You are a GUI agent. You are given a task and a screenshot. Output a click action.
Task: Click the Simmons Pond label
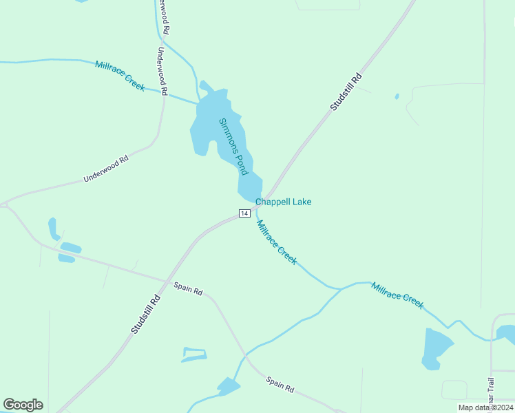(x=233, y=146)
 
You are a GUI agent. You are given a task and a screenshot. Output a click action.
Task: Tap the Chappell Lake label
(x=283, y=202)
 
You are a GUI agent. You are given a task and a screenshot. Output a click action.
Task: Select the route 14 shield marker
(x=244, y=213)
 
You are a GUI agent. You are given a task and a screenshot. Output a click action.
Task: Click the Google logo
(x=23, y=405)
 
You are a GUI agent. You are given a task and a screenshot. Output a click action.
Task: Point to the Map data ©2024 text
(x=485, y=407)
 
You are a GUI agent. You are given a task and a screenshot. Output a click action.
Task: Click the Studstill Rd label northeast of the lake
(x=346, y=92)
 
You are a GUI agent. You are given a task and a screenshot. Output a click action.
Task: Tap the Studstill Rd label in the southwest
(x=145, y=315)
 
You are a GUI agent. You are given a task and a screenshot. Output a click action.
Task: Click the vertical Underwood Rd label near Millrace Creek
(x=162, y=70)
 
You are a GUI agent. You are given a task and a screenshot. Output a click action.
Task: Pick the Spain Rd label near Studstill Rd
(x=187, y=289)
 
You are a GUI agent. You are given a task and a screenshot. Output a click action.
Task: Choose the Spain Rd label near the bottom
(x=280, y=384)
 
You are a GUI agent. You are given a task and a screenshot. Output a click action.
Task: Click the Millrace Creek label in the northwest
(x=120, y=75)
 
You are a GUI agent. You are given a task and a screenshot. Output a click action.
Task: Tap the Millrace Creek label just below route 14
(x=276, y=242)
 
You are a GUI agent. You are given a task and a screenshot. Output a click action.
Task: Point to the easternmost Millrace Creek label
(x=397, y=295)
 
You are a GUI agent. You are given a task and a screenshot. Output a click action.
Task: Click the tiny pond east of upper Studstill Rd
(x=397, y=96)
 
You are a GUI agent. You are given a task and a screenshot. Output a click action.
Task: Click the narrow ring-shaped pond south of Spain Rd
(x=193, y=354)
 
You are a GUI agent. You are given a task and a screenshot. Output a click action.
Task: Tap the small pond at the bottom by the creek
(x=228, y=387)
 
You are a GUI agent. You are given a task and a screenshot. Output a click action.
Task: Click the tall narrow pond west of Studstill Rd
(x=52, y=229)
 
